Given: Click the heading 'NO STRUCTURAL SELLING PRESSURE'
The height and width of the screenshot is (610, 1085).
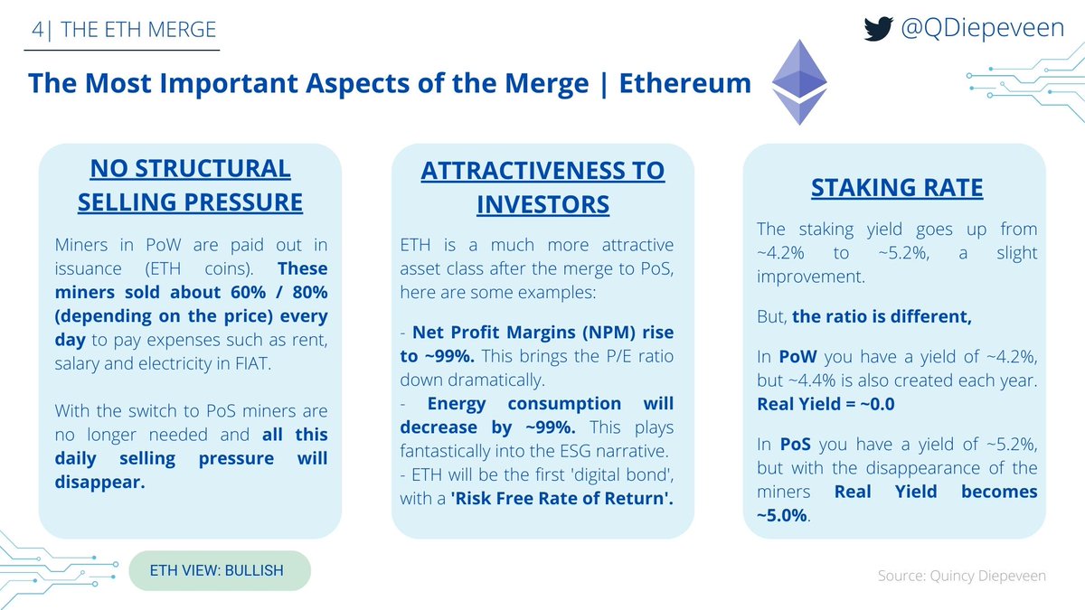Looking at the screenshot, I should [190, 185].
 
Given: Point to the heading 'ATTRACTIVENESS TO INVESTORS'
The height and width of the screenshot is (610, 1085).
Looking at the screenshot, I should [542, 187].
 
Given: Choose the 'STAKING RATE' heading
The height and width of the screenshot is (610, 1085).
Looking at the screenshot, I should [897, 189].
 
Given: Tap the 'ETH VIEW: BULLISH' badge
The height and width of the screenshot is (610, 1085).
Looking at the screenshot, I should [220, 570].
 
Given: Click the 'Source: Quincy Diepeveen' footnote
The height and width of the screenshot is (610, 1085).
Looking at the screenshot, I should [961, 576].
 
